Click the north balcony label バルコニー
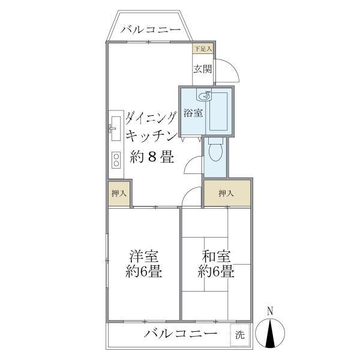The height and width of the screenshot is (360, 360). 150,29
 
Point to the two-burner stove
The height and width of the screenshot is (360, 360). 115,159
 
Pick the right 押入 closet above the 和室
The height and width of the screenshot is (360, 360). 226,193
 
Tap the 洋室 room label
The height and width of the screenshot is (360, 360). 144,254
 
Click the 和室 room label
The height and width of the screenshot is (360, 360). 216,254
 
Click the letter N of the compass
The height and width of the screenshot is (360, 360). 270,311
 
